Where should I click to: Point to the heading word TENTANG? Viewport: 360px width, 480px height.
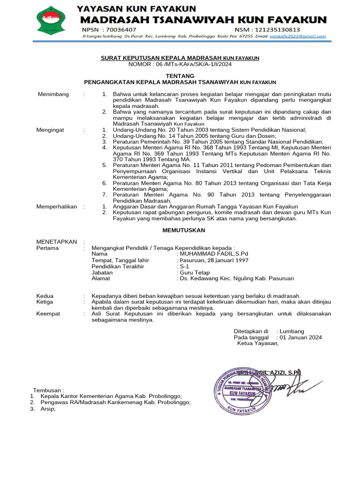click(x=180, y=75)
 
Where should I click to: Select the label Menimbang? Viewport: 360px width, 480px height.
click(x=53, y=94)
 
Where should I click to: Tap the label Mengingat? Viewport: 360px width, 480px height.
click(x=50, y=130)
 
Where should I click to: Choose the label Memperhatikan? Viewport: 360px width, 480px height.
click(x=57, y=207)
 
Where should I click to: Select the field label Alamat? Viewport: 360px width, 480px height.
click(x=101, y=278)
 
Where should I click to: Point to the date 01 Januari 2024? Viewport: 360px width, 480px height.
click(x=300, y=337)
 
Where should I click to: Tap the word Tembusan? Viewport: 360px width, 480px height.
click(x=47, y=390)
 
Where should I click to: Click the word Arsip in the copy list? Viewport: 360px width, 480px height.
click(x=48, y=409)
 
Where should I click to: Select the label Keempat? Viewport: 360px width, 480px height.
click(x=48, y=314)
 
